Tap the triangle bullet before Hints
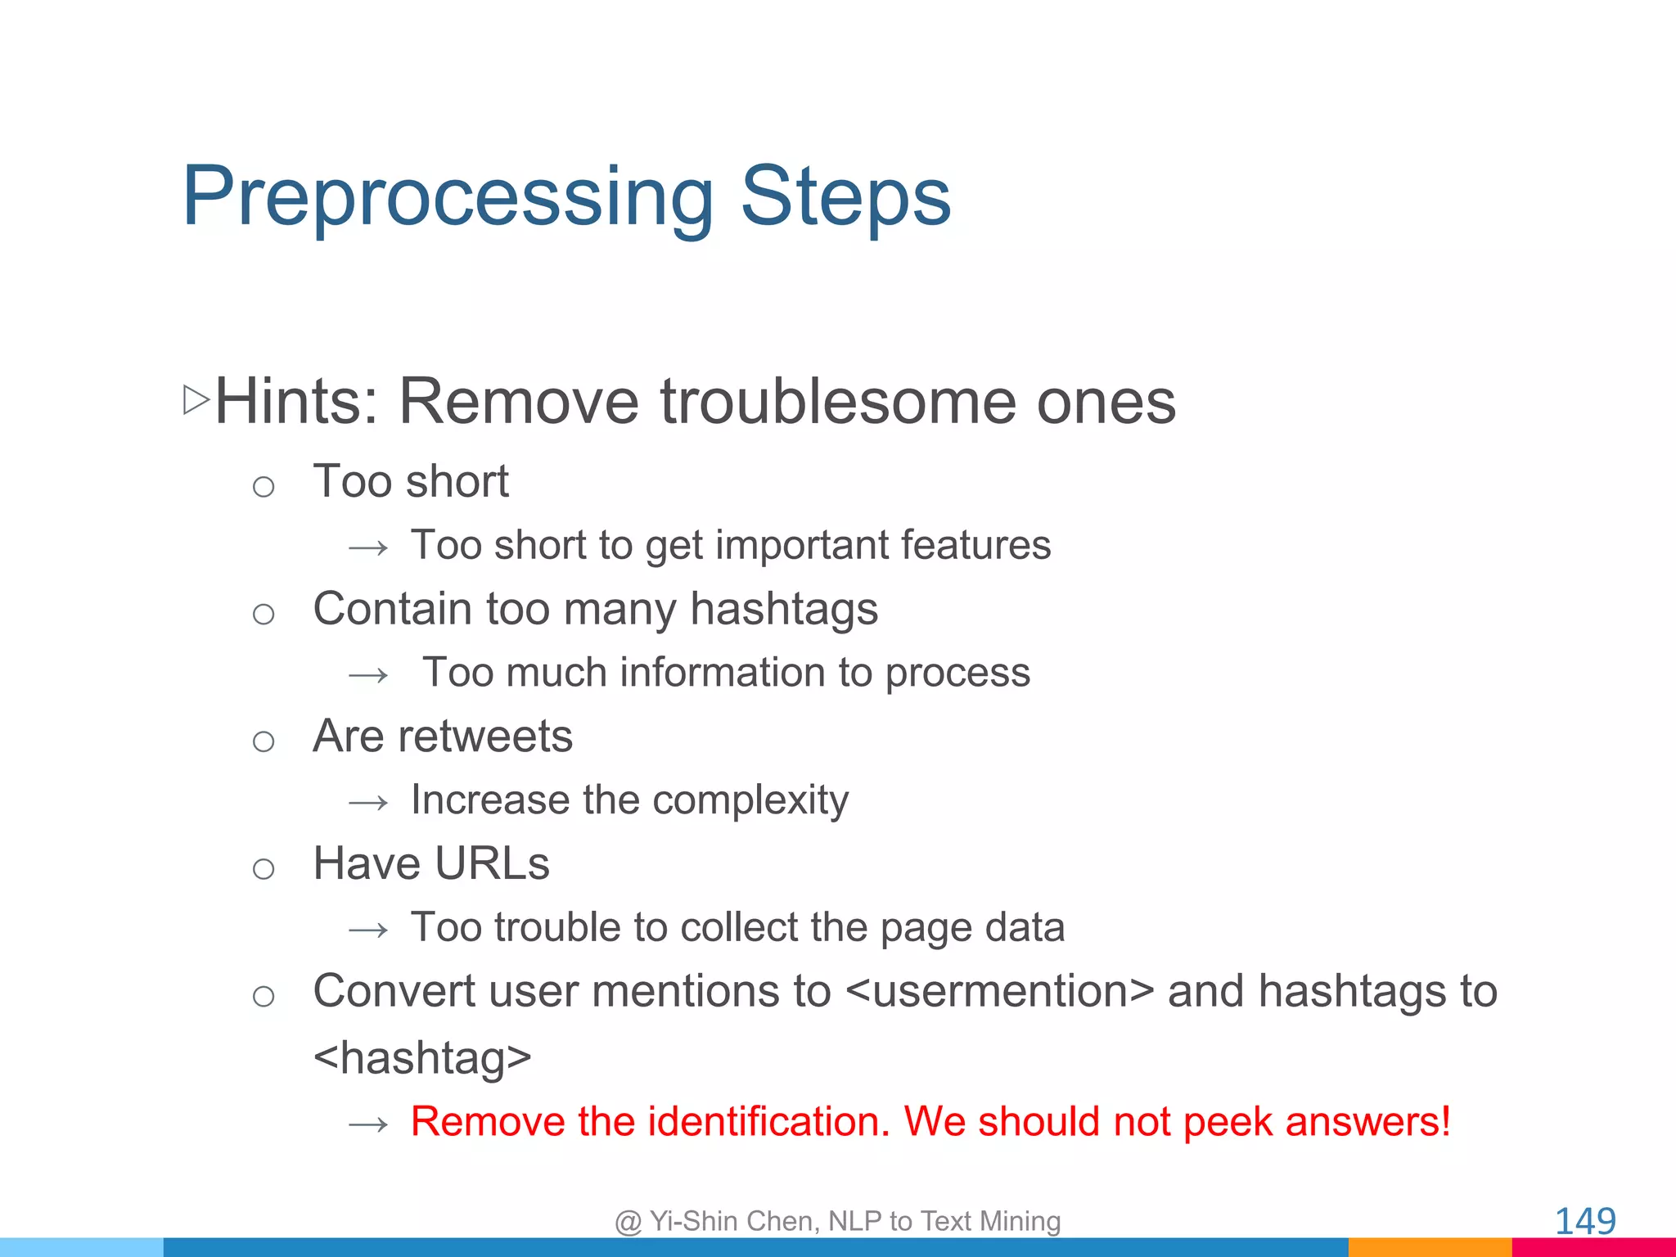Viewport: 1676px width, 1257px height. [x=196, y=400]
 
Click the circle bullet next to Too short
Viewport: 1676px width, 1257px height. [x=264, y=488]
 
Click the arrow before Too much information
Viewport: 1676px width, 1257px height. [x=368, y=676]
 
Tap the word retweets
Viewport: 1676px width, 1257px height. [x=485, y=737]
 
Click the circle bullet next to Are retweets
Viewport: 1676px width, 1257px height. [x=264, y=742]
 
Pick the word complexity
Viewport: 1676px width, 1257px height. [x=750, y=800]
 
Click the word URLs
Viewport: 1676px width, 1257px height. [x=492, y=864]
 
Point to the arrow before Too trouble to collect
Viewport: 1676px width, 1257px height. [x=368, y=930]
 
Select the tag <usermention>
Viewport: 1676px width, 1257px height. [x=999, y=992]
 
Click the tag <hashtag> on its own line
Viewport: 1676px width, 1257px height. [x=422, y=1058]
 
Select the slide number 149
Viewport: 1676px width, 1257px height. [x=1584, y=1221]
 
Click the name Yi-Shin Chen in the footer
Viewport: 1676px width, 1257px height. [x=734, y=1221]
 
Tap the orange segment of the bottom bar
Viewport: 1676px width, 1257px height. [x=1429, y=1247]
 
